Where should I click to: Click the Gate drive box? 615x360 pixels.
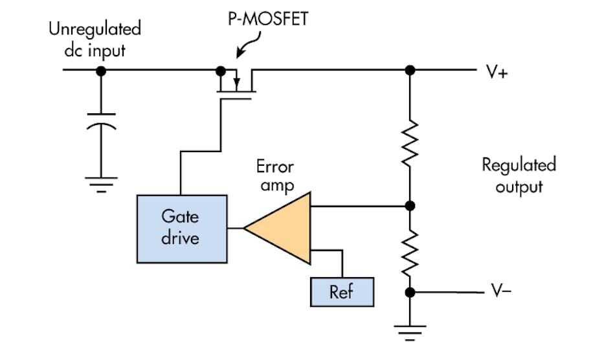(182, 228)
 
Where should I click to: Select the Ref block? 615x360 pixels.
(342, 291)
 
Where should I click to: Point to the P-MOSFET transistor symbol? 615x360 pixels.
(236, 82)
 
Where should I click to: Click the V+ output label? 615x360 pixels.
(497, 72)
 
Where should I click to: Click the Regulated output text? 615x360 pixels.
(519, 175)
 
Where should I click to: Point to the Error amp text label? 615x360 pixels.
(274, 176)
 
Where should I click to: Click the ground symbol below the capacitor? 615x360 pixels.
(100, 186)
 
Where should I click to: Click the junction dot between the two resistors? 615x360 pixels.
(409, 207)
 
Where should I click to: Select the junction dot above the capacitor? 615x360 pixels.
(100, 70)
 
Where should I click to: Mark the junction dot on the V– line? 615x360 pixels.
(409, 292)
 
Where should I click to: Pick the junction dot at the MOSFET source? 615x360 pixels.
(220, 70)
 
